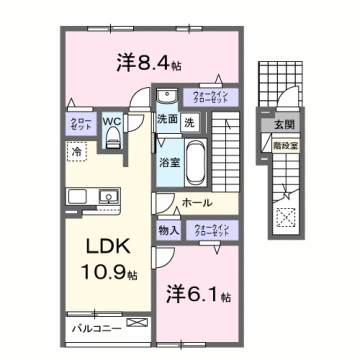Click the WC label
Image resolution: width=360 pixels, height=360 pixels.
click(x=112, y=122)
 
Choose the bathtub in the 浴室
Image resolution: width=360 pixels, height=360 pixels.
click(x=195, y=159)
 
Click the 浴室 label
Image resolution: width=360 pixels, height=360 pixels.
click(x=169, y=159)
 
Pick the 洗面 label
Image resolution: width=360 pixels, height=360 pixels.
click(x=167, y=121)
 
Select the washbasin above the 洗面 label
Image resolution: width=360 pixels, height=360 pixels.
click(x=166, y=98)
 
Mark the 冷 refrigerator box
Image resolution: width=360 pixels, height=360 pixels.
click(x=77, y=151)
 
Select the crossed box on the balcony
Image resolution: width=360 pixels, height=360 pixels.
click(x=138, y=325)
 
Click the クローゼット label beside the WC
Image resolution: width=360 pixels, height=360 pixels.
click(x=80, y=124)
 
